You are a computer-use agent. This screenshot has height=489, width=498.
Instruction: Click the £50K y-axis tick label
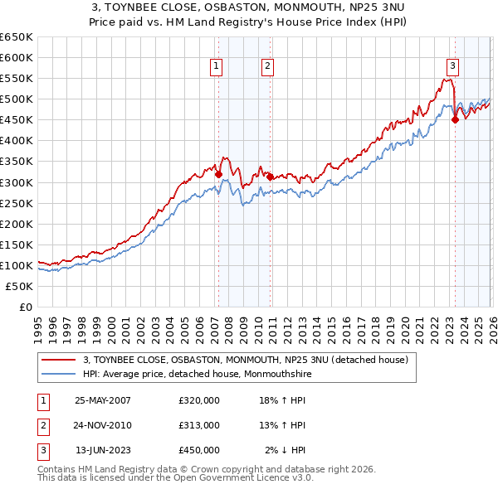click(x=20, y=286)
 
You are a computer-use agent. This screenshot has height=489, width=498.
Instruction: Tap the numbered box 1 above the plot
click(x=217, y=67)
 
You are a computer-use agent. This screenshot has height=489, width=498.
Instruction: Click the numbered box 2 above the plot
click(x=268, y=67)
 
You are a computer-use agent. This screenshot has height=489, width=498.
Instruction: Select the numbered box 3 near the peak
click(x=452, y=67)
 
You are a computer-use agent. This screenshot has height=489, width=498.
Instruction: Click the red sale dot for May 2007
click(x=218, y=174)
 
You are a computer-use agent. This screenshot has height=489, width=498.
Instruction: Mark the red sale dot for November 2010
click(x=270, y=177)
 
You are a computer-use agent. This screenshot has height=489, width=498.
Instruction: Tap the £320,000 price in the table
click(x=199, y=400)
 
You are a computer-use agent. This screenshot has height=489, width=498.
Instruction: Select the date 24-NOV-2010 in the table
click(x=103, y=425)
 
